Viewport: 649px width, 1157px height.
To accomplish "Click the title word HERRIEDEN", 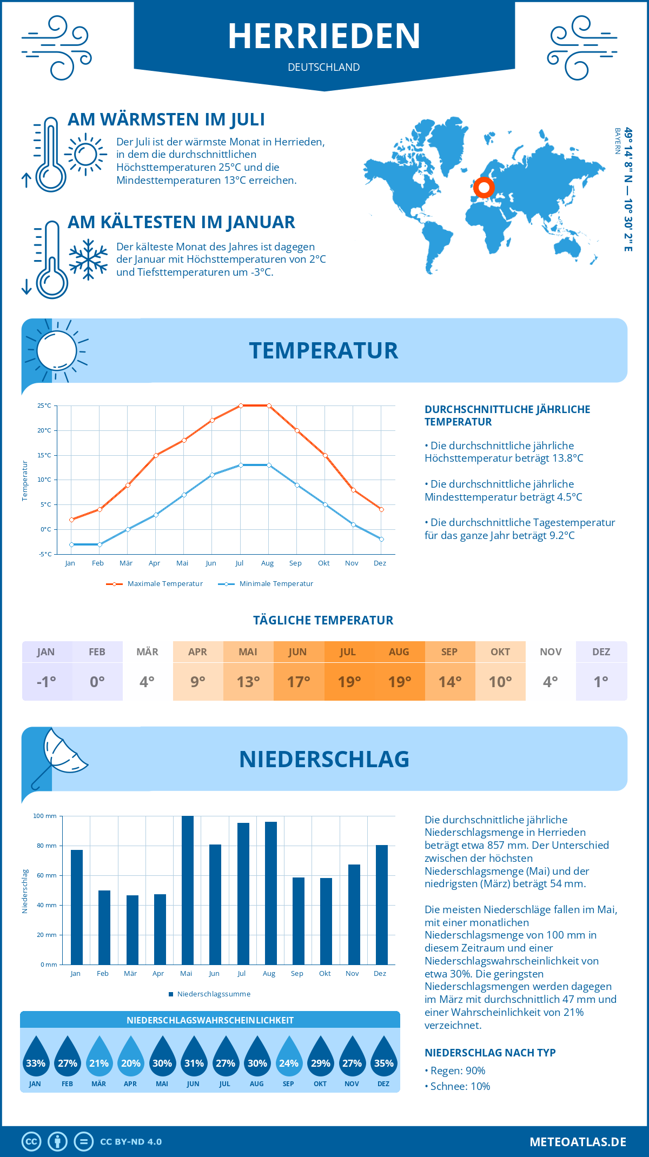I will [324, 36].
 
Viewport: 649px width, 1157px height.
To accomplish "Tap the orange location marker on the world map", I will [484, 188].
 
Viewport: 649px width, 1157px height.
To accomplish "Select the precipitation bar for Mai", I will [187, 890].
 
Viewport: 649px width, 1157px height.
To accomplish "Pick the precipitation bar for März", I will [132, 929].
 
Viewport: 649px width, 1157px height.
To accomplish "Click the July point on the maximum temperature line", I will [241, 405].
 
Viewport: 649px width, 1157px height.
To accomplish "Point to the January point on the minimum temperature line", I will [71, 544].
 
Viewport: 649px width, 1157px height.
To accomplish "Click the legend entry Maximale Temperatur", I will [155, 584].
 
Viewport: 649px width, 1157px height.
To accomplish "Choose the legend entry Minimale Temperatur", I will [266, 584].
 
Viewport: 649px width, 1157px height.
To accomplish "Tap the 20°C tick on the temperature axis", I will [44, 430].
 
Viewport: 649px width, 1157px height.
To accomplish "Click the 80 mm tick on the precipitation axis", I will [47, 846].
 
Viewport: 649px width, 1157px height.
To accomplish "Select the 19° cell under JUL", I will [349, 682].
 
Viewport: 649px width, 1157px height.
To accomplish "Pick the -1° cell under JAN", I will [47, 682].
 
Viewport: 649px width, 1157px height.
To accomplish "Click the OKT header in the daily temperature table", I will [500, 652].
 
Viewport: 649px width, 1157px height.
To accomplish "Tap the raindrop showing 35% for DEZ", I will [383, 1058].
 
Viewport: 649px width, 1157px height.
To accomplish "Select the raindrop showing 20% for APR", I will [130, 1058].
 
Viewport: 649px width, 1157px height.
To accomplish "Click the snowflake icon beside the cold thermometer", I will [88, 260].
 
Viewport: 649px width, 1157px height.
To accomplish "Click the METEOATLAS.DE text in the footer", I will [578, 1142].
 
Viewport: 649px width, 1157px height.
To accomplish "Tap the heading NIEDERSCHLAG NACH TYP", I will [490, 1053].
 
